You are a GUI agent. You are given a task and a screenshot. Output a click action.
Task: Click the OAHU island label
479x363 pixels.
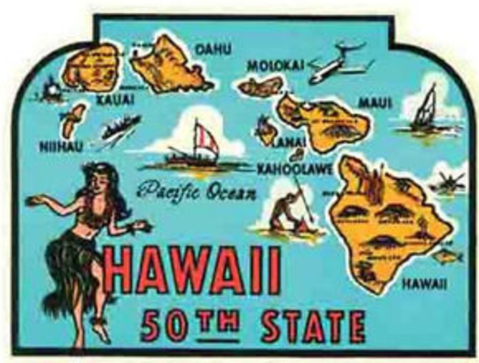(214, 49)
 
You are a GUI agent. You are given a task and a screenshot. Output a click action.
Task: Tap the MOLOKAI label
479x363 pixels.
(275, 65)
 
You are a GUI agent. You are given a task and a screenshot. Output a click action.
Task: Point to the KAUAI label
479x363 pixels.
(115, 98)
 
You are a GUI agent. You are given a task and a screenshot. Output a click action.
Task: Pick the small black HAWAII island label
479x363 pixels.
(424, 284)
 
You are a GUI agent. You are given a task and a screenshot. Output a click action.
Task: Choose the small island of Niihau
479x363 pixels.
(73, 119)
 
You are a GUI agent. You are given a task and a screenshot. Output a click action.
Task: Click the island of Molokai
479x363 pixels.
(260, 88)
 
